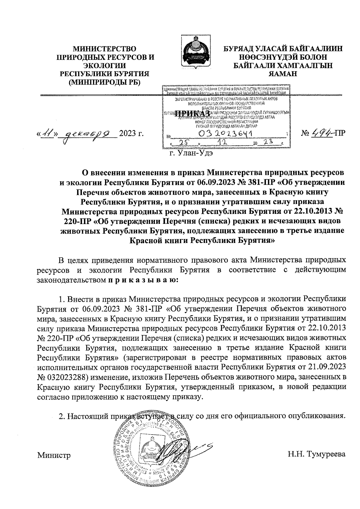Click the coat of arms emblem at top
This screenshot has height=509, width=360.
(196, 54)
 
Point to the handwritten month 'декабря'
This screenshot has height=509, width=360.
(89, 133)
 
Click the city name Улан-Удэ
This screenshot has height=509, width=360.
(196, 153)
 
